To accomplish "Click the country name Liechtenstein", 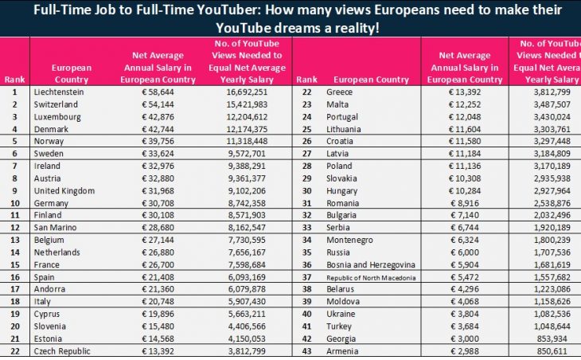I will pyautogui.click(x=60, y=92).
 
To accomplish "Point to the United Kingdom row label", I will pyautogui.click(x=64, y=191).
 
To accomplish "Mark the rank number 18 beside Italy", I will pyautogui.click(x=14, y=302).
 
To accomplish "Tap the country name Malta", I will pyautogui.click(x=337, y=105).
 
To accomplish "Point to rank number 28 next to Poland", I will pyautogui.click(x=306, y=166).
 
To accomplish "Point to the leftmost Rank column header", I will pyautogui.click(x=14, y=80).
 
